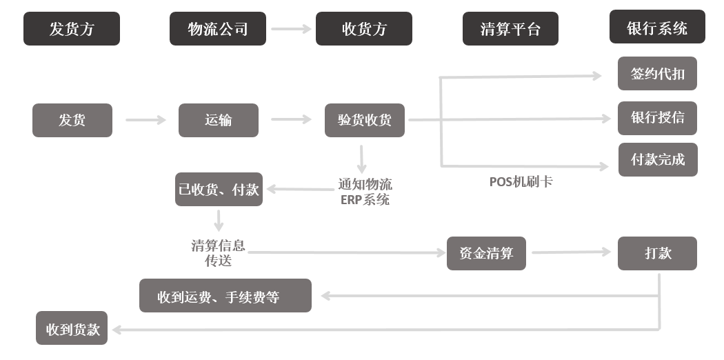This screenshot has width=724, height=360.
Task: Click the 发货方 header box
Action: click(x=72, y=29)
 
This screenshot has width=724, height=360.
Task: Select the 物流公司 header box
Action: click(x=218, y=29)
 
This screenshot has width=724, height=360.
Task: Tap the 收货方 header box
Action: click(x=364, y=29)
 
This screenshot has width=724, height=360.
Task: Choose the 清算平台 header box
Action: click(x=510, y=29)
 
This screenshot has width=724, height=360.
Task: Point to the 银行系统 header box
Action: click(x=657, y=28)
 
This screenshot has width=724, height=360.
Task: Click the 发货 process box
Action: click(x=72, y=120)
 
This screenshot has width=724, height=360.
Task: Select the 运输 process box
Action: click(x=218, y=120)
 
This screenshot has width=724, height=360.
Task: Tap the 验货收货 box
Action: click(x=365, y=120)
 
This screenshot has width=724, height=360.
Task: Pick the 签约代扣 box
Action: click(x=657, y=74)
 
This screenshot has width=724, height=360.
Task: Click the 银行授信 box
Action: click(x=657, y=117)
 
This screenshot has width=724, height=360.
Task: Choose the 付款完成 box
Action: click(x=657, y=160)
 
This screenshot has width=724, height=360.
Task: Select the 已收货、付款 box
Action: click(x=219, y=190)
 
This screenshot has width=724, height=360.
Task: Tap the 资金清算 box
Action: click(x=486, y=253)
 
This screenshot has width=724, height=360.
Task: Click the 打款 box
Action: click(x=657, y=253)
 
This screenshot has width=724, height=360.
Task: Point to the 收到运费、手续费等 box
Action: click(x=225, y=296)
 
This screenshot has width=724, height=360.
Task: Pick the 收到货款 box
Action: click(x=72, y=329)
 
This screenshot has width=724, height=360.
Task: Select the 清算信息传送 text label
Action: click(x=218, y=253)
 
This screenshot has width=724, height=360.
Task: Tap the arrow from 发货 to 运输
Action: click(x=145, y=120)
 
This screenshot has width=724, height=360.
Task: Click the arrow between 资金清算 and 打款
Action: click(x=572, y=252)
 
